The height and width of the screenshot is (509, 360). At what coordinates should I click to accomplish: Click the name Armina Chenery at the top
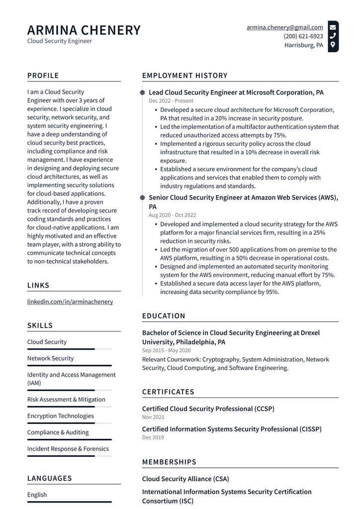(84, 30)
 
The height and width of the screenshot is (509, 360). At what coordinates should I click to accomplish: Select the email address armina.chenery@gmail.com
(284, 27)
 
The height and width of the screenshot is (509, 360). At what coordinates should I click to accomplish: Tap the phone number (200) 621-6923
(303, 36)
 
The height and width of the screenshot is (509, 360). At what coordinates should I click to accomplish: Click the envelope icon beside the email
(333, 27)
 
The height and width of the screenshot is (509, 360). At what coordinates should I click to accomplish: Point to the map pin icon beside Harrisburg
(333, 45)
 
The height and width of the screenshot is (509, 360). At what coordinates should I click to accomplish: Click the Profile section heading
(43, 76)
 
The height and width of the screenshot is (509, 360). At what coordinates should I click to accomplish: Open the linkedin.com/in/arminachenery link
(70, 302)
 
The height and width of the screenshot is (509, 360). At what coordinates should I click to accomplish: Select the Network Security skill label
(50, 358)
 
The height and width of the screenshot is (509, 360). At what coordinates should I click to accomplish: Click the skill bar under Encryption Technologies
(69, 423)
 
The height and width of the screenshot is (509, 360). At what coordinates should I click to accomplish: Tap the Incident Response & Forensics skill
(68, 449)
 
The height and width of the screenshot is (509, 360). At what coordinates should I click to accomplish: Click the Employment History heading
(184, 76)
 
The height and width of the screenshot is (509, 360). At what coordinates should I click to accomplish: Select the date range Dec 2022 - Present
(171, 101)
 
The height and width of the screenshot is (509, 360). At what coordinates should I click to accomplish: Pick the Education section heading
(164, 316)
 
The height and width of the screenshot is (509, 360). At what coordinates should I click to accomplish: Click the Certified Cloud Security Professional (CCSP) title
(208, 408)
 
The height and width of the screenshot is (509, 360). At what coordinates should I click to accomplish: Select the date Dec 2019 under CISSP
(153, 437)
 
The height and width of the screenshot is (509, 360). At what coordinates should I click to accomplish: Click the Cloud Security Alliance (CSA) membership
(185, 479)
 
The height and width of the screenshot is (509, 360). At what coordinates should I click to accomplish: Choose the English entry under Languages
(37, 495)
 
